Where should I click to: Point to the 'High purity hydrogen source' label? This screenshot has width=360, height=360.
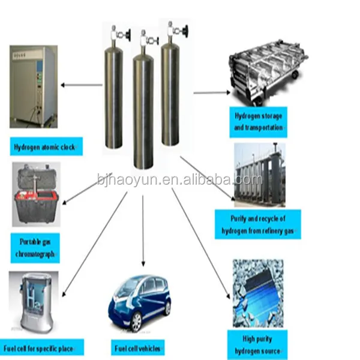coord(257,345)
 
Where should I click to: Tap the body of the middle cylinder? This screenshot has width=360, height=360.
coord(145,114)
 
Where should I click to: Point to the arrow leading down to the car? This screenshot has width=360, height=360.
coord(143,234)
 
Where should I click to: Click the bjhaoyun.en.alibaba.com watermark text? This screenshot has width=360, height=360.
coord(179,179)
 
